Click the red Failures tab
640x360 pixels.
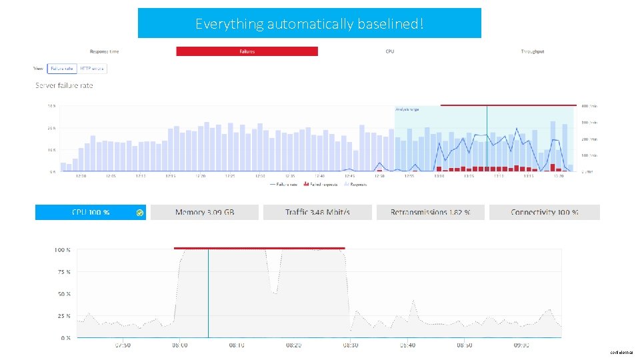(x=247, y=51)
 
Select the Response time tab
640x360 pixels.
(x=105, y=51)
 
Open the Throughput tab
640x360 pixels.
(x=532, y=51)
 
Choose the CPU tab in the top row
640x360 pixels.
(x=389, y=51)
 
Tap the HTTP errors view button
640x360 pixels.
(x=93, y=68)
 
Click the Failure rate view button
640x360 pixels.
(x=62, y=68)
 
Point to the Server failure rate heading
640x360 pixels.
(x=64, y=85)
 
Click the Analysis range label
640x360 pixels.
(x=408, y=109)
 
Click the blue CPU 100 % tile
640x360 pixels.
(x=91, y=212)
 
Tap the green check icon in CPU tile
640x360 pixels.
(x=139, y=213)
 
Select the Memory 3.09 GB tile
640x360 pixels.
(x=205, y=212)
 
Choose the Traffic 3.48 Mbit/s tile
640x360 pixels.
(x=317, y=212)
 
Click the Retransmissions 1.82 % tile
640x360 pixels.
(x=430, y=212)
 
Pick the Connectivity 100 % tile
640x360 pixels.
(x=544, y=212)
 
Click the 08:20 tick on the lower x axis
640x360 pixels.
(x=293, y=345)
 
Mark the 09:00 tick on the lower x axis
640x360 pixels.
(x=521, y=345)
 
